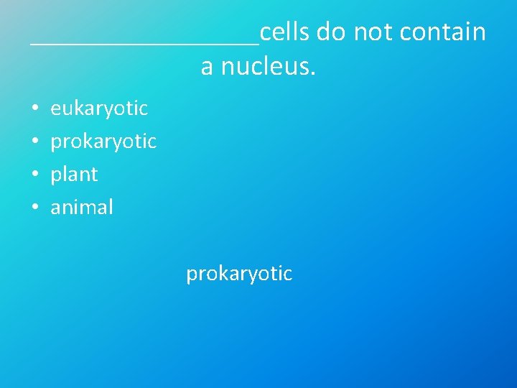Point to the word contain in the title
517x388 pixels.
pos(443,32)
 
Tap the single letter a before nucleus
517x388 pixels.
pos(207,68)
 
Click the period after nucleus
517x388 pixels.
pos(313,73)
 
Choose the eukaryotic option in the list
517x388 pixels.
pos(99,108)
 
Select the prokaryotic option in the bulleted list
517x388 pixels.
pos(103,142)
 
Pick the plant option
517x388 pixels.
pos(74,175)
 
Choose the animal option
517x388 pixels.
pos(82,208)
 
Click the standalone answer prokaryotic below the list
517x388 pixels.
pos(239,274)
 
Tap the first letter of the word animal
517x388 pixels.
pos(55,208)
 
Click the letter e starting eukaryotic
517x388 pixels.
pos(55,109)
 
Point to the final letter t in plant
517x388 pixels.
pos(94,175)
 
